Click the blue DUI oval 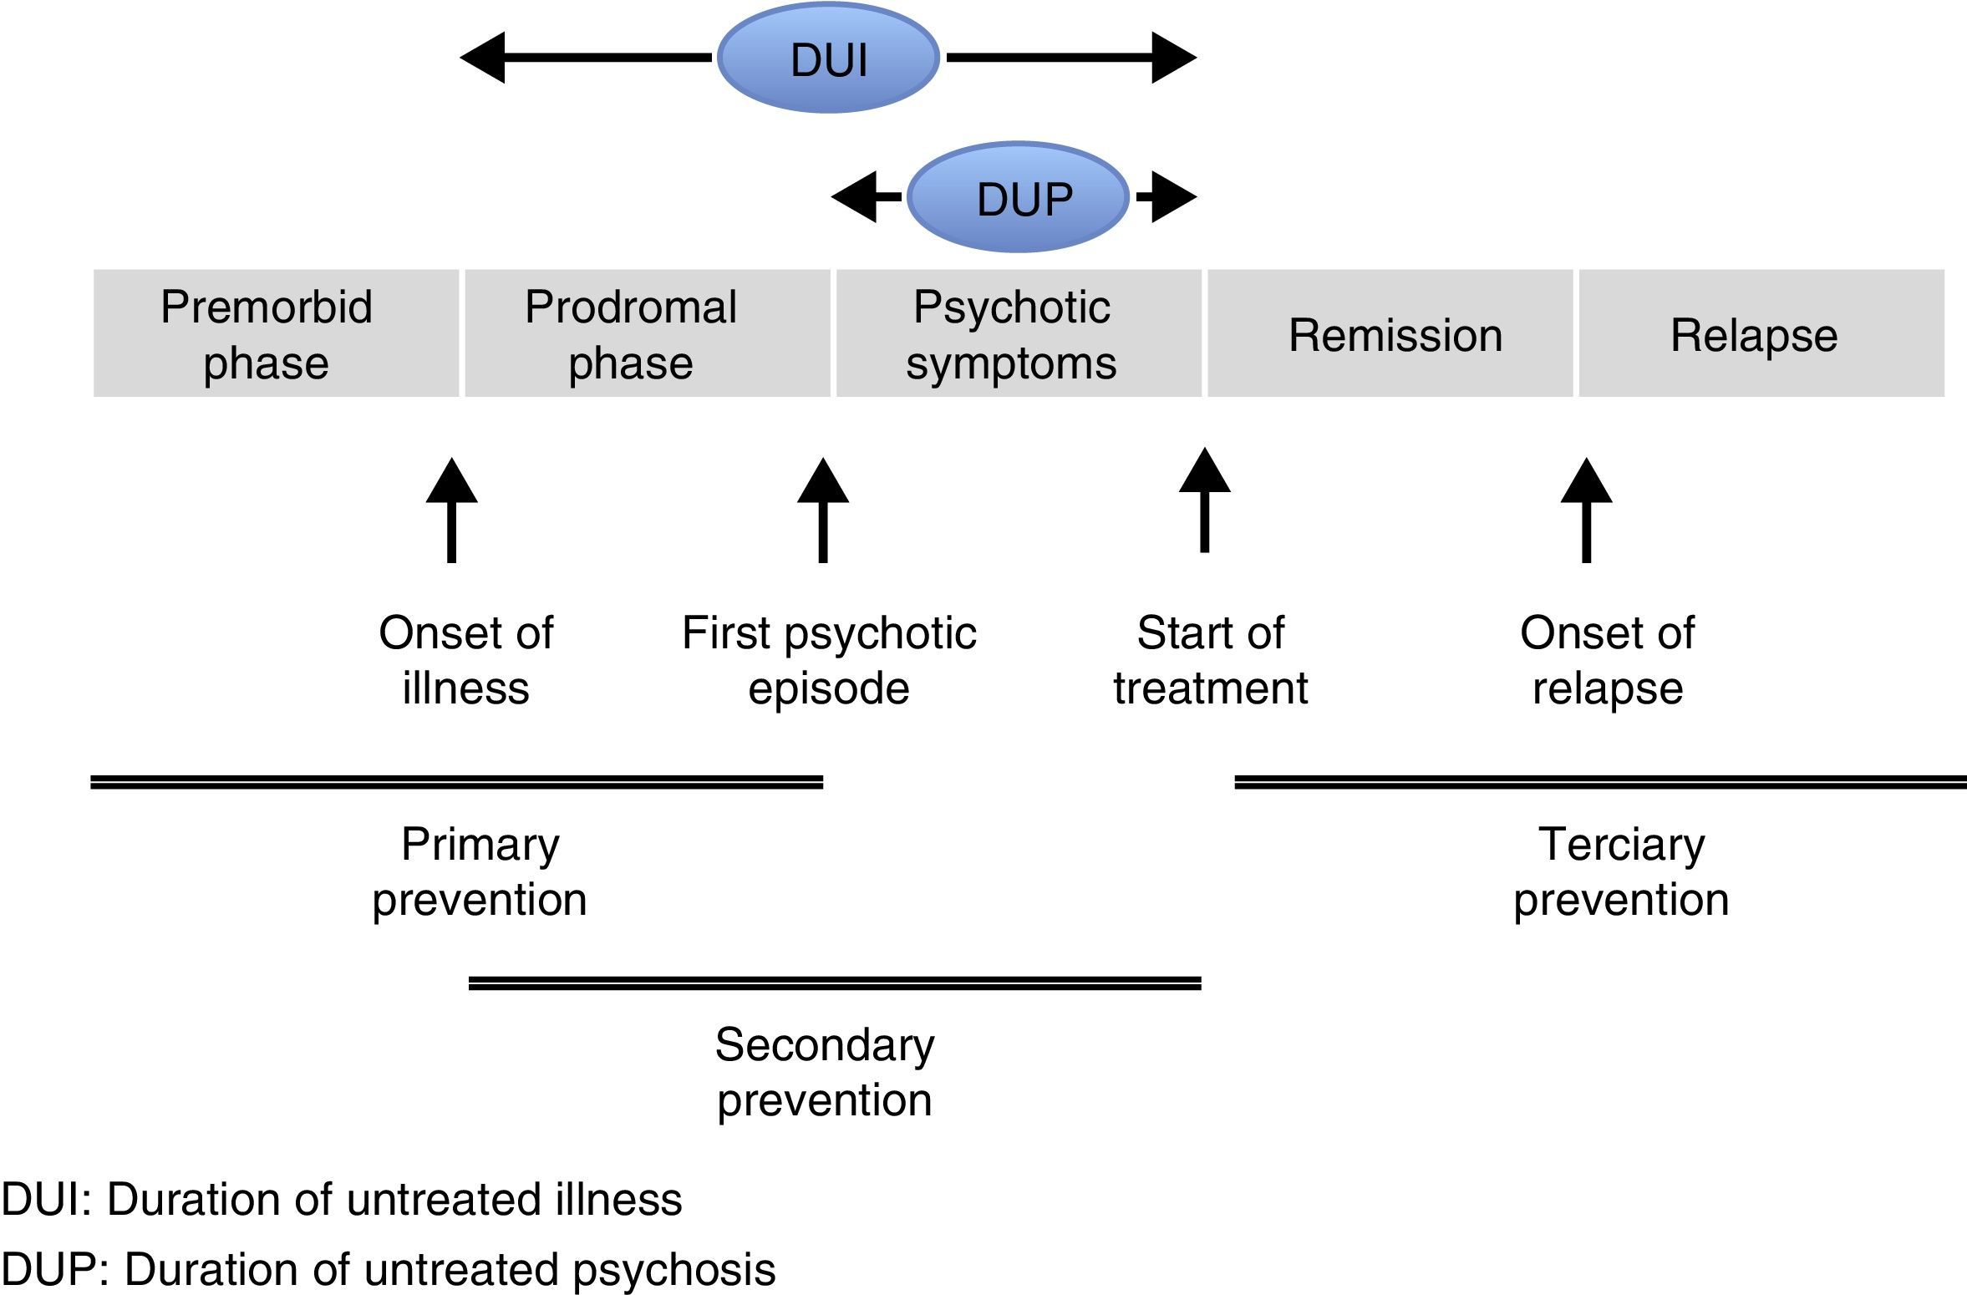(x=828, y=58)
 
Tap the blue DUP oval (x=1018, y=198)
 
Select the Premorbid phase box (x=276, y=333)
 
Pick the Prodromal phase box (x=648, y=333)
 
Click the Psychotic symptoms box (x=1019, y=333)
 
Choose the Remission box (x=1390, y=333)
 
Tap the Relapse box (x=1761, y=333)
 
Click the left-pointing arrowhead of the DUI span (x=484, y=58)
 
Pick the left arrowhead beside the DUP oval (x=855, y=197)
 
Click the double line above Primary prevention (x=456, y=782)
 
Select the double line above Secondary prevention (x=835, y=983)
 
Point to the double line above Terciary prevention (x=1600, y=782)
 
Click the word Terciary (x=1621, y=845)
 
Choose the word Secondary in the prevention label (x=825, y=1045)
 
